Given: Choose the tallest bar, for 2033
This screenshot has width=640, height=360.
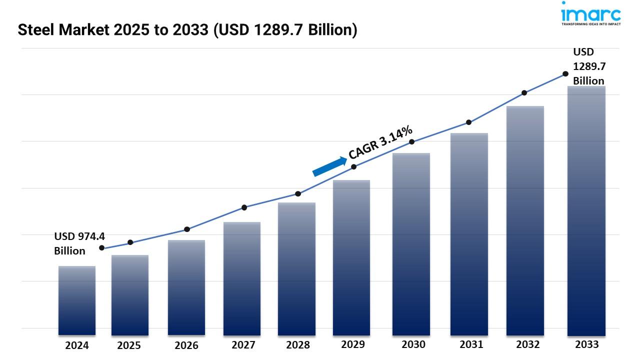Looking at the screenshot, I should (x=586, y=210).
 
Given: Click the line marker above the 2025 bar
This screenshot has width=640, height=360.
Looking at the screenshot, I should (x=130, y=242).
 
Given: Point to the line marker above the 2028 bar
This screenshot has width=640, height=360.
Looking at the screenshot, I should (x=298, y=193).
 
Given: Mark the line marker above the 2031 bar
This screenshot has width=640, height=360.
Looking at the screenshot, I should (x=468, y=122).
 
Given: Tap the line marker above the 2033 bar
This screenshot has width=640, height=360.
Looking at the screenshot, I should (x=565, y=73).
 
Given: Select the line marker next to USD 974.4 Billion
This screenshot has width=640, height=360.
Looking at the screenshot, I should (x=102, y=248).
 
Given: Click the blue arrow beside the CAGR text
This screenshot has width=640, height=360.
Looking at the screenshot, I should (x=329, y=166).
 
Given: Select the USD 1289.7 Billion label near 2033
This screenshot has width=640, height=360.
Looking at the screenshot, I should (x=588, y=66).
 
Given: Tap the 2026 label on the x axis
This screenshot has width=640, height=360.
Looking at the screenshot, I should (x=186, y=345).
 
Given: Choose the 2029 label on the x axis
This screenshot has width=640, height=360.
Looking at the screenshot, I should (x=353, y=344).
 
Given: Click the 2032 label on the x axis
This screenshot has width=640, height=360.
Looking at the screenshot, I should (x=528, y=344).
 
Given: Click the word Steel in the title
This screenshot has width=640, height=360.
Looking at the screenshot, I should (x=36, y=30).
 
